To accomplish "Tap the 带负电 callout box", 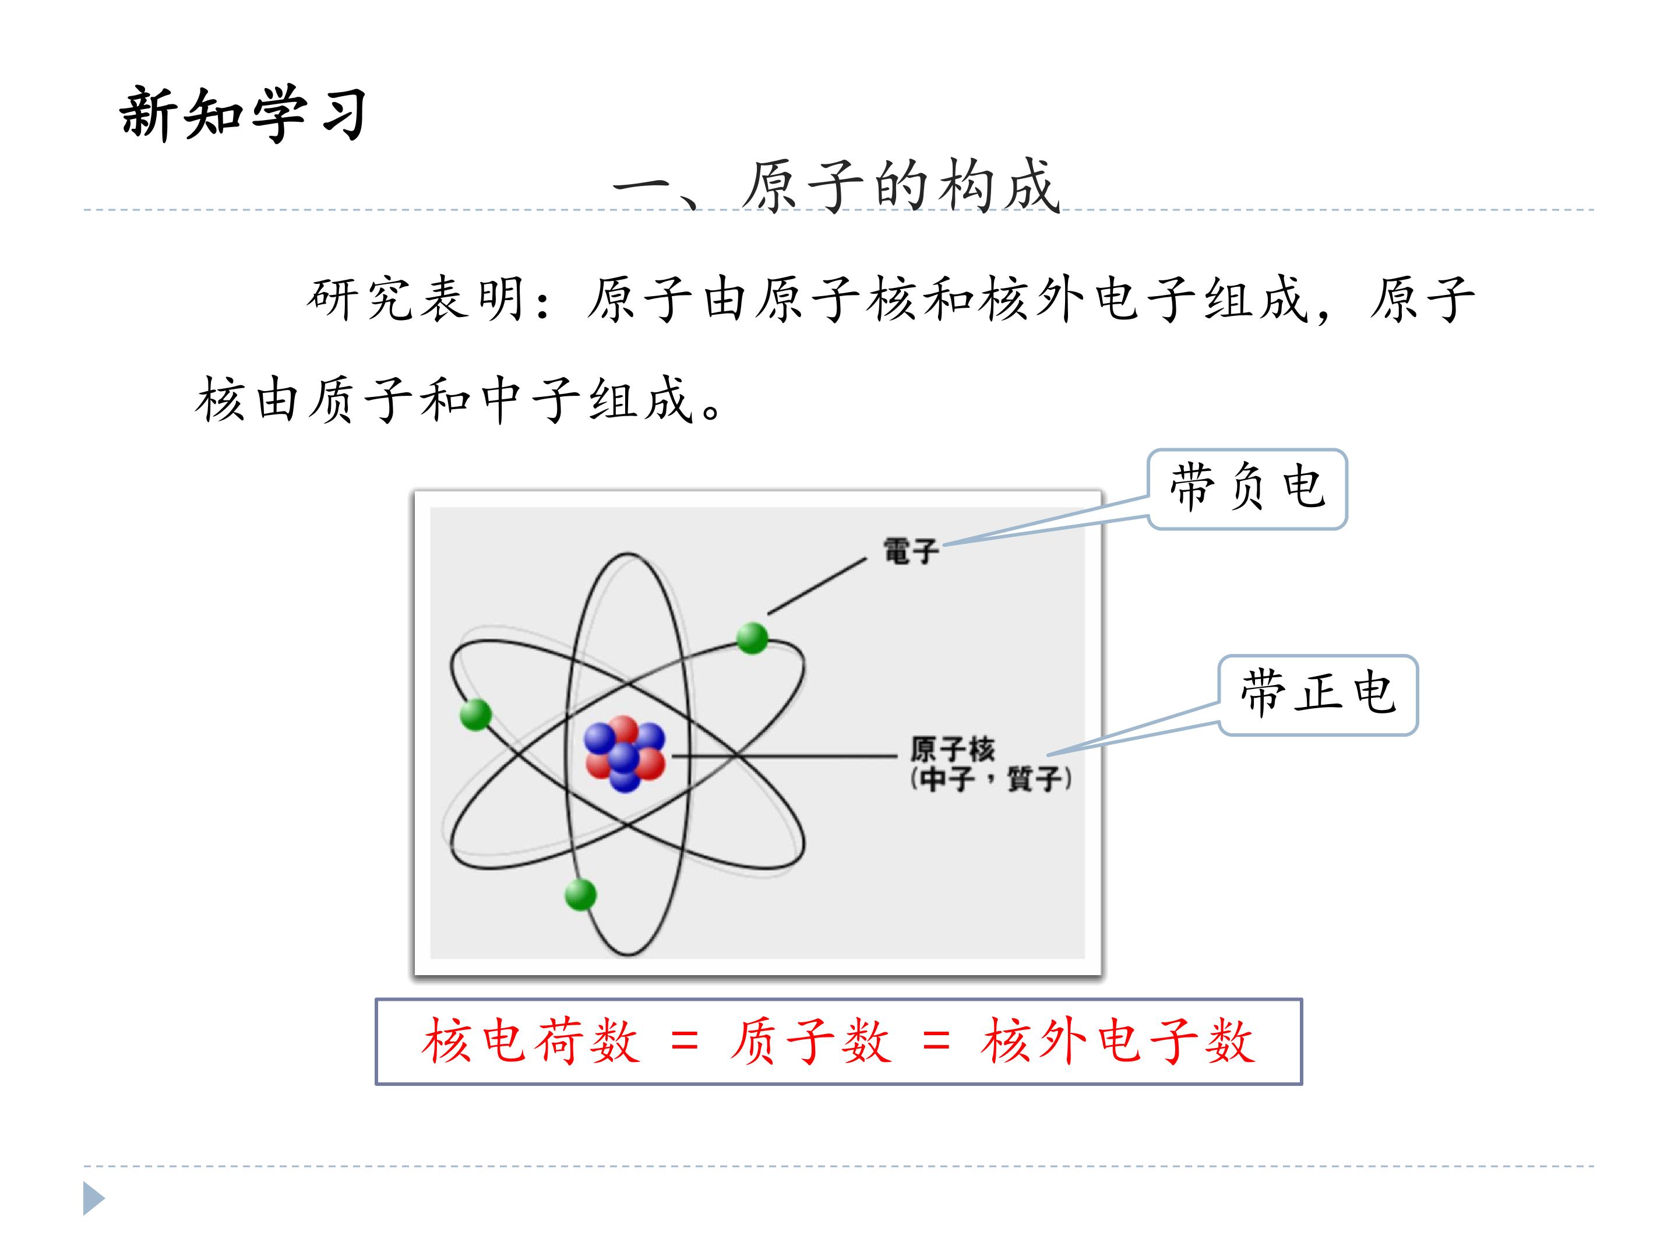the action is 1247,488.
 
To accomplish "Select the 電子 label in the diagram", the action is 910,551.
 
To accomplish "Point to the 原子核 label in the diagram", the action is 952,749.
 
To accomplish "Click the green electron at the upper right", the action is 752,638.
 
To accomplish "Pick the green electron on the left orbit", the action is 475,715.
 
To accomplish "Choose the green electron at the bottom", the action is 580,895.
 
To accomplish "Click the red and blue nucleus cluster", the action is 625,754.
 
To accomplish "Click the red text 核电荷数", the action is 530,1040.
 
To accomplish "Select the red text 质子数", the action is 810,1040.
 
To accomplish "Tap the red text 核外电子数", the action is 1118,1040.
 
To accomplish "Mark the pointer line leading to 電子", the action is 817,586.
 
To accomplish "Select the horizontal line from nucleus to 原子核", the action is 784,756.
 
